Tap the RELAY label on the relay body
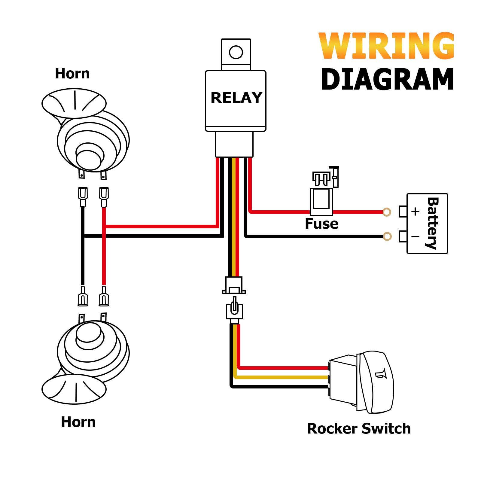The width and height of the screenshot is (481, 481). click(x=236, y=98)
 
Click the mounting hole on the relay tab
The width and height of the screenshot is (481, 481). click(x=236, y=52)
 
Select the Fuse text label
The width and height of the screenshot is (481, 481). click(x=321, y=224)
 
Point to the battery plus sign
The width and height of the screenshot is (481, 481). click(x=416, y=212)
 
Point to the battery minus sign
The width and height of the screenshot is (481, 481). click(x=416, y=237)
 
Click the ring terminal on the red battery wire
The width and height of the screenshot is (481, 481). click(x=387, y=212)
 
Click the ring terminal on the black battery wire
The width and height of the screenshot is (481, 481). click(x=387, y=236)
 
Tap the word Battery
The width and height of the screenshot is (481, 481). click(x=432, y=223)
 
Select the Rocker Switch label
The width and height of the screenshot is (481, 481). click(x=359, y=428)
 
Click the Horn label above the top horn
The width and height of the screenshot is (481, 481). click(x=72, y=74)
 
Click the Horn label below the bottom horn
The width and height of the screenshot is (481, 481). click(x=78, y=422)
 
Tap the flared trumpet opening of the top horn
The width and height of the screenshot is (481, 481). click(x=74, y=103)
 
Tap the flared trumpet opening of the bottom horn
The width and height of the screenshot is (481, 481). click(x=74, y=389)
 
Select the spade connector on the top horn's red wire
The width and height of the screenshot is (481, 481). click(x=104, y=197)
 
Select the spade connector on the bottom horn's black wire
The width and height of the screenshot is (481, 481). click(x=83, y=296)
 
